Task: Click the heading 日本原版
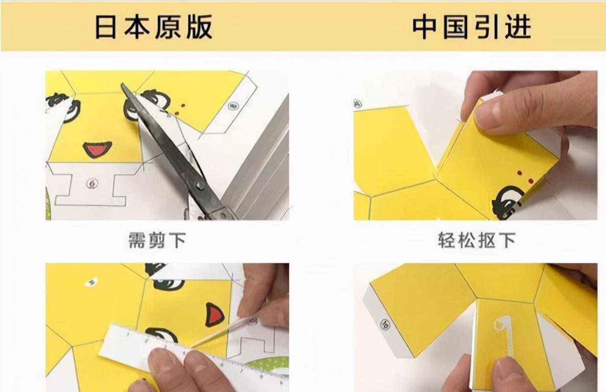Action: coord(154,27)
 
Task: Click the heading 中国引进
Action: coord(472,27)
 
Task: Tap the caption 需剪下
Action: coord(157,240)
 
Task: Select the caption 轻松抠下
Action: coord(476,240)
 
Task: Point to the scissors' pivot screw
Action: coord(200,186)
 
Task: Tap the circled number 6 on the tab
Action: coord(91,183)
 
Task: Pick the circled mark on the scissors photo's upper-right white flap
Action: coord(233,106)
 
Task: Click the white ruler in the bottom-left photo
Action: coord(193,354)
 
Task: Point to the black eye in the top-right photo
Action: coord(507,201)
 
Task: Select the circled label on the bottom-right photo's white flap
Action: coord(385,324)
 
